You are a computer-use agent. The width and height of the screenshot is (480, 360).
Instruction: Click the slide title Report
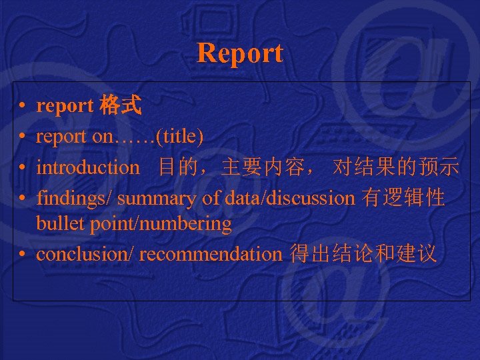pos(240,53)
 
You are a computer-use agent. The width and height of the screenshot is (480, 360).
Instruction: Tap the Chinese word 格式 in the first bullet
pos(120,105)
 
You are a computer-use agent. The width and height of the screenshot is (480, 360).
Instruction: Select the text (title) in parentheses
pos(179,137)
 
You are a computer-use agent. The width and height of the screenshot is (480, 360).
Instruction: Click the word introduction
pos(88,167)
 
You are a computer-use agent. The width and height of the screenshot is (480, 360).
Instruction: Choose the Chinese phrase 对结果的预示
pos(396,167)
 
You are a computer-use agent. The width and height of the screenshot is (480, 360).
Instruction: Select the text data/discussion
pos(291,198)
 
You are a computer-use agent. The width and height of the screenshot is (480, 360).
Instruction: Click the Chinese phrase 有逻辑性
pos(403,198)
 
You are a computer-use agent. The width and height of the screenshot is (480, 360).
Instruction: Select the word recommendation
pos(211,254)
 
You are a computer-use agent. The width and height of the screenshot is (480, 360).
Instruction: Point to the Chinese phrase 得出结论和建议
pos(363,254)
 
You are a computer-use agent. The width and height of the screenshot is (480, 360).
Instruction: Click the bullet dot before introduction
pos(23,168)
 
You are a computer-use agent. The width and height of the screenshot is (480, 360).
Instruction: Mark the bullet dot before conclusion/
pos(23,255)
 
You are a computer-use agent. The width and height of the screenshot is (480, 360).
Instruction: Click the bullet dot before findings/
pos(23,199)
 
